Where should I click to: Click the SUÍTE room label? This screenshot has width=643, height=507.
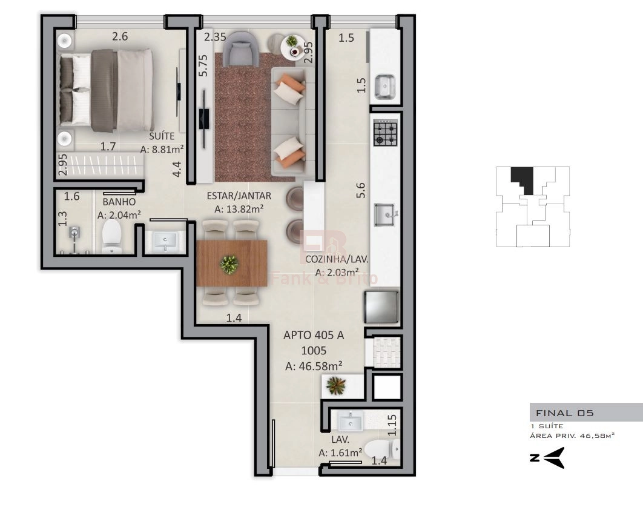162,136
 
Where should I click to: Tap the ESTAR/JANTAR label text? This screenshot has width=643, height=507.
239,196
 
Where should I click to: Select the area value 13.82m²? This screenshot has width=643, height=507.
244,209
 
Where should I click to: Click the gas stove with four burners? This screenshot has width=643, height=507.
386,133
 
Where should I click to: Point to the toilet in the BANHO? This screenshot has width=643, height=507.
111,236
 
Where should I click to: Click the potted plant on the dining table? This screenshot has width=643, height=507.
229,264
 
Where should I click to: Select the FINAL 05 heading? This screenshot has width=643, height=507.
565,413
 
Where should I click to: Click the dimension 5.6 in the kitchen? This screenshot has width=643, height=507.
360,190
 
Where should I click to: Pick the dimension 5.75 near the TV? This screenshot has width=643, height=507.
203,65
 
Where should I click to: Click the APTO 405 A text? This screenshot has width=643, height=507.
314,335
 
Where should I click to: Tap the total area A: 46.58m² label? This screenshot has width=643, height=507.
314,366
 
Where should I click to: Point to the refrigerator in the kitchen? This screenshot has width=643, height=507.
381,307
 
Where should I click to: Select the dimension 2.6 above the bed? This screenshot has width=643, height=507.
120,36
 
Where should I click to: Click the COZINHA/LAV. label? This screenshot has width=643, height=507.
337,259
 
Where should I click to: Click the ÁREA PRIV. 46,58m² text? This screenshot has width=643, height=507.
572,436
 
